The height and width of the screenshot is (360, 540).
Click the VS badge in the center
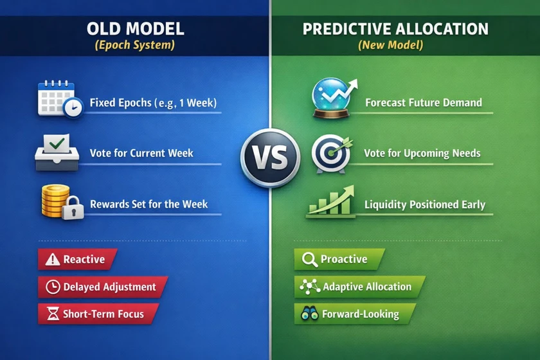(x=271, y=157)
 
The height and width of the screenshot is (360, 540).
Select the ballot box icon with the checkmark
(x=57, y=152)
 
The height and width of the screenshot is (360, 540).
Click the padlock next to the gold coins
(x=73, y=208)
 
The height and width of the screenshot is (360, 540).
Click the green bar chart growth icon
(x=330, y=202)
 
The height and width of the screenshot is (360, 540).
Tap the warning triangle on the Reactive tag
(x=53, y=259)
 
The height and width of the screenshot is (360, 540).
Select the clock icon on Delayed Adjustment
(x=53, y=287)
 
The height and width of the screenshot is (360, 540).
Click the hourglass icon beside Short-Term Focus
(x=53, y=314)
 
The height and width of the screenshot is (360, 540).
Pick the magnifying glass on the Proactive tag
(x=309, y=260)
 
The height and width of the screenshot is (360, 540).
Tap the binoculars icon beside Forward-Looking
(x=310, y=314)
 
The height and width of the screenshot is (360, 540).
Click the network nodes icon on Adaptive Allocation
(x=310, y=287)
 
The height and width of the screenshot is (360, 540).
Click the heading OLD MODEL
(x=136, y=28)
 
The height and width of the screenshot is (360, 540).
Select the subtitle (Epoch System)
(x=134, y=45)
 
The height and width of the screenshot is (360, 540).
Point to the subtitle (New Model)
(x=391, y=45)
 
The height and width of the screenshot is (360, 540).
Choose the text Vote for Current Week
(x=141, y=153)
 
